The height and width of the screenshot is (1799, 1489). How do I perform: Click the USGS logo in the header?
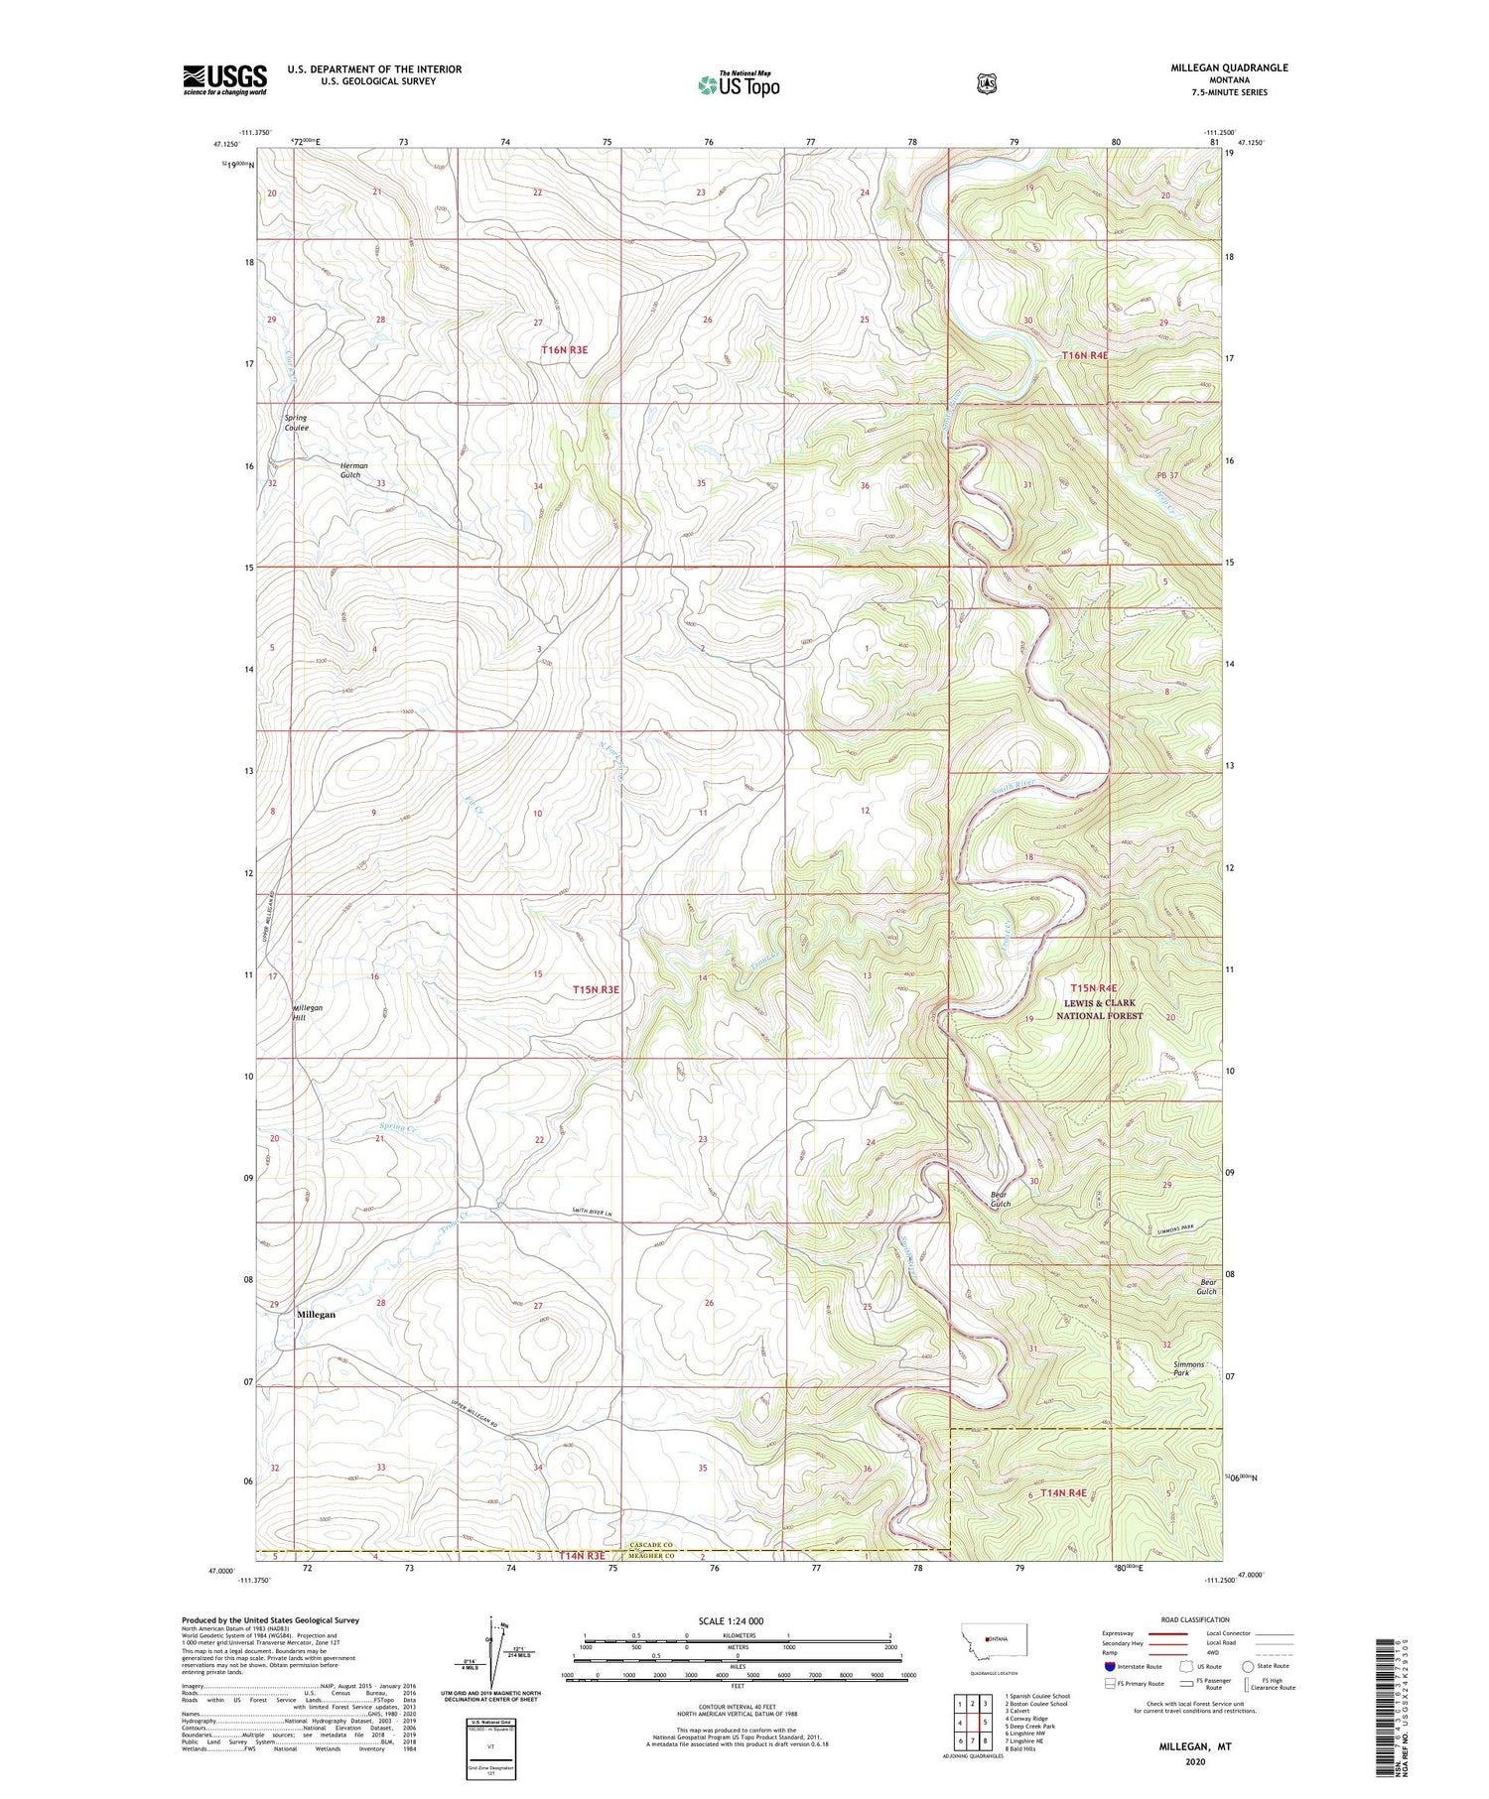[x=225, y=79]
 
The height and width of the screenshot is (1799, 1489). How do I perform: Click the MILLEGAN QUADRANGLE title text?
[x=1229, y=67]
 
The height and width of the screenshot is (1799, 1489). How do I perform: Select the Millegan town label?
[x=316, y=1314]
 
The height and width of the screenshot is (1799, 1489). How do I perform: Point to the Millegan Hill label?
[x=307, y=1012]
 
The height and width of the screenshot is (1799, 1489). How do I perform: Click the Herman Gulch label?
[x=353, y=470]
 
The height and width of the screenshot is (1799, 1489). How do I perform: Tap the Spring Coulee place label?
[x=296, y=423]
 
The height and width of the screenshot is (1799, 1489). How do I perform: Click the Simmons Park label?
[x=1189, y=1368]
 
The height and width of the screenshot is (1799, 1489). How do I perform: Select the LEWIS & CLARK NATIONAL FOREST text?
[x=1099, y=1009]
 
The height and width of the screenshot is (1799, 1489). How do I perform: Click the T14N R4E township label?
[x=1063, y=1492]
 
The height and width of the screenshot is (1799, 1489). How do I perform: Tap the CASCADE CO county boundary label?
[x=651, y=1545]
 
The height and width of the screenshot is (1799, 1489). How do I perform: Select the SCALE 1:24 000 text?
[x=731, y=1620]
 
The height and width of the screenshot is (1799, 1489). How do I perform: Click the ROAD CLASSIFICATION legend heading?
[x=1195, y=1619]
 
